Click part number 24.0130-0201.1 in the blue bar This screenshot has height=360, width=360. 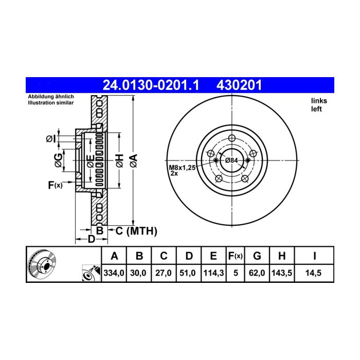pos(151,85)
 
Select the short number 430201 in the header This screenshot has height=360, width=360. pos(239,85)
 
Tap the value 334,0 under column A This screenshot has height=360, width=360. pos(114,273)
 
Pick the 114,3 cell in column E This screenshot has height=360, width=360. pos(213,273)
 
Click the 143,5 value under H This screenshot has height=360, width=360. pos(282,273)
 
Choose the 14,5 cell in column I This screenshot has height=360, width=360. pos(313,273)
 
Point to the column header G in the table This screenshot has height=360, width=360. pos(257,256)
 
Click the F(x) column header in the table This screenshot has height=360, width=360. pos(236,256)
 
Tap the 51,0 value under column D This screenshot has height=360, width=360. pos(187,273)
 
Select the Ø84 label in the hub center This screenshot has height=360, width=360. pos(231,160)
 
